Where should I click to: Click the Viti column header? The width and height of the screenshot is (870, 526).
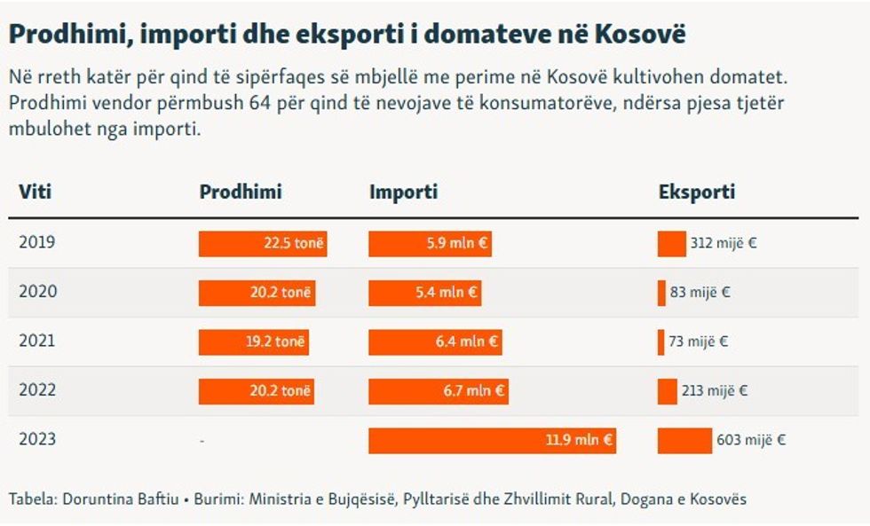coord(36,192)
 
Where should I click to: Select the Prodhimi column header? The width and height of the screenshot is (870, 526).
coord(240,192)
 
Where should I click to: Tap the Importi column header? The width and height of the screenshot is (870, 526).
coord(403,192)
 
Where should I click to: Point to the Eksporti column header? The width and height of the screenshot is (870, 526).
coord(696,192)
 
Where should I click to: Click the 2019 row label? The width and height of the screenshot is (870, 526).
coord(36,242)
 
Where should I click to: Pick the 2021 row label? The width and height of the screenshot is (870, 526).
coord(36,341)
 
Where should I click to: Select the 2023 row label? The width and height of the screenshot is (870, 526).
coord(36,440)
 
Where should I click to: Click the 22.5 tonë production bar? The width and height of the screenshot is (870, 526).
coord(263,243)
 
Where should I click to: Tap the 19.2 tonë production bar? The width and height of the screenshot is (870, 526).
coord(254,342)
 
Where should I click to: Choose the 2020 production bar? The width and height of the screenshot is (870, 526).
coord(257,292)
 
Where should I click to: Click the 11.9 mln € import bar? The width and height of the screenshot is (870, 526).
coord(492,441)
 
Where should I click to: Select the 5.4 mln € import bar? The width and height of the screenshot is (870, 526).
coord(424,292)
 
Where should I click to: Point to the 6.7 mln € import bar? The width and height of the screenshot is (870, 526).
coord(438,391)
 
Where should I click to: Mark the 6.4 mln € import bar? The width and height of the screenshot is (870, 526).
coord(435,342)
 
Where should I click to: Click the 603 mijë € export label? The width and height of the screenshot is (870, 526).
coord(751,440)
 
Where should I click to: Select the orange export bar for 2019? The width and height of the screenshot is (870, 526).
coord(671,243)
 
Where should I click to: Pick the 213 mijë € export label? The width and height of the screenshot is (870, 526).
coord(716,390)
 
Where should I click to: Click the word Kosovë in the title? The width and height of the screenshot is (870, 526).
coord(646,35)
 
